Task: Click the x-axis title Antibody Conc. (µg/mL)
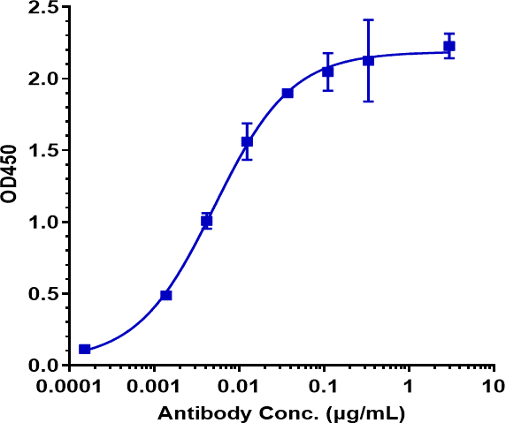(282, 412)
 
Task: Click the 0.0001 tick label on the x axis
(70, 387)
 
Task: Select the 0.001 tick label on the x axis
(155, 387)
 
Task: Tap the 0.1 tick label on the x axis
(325, 387)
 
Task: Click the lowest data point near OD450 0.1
(85, 349)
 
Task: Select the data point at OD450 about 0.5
(166, 295)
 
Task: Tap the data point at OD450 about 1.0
(207, 221)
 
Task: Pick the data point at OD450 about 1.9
(287, 93)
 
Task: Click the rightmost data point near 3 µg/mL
(449, 46)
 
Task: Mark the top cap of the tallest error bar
(368, 19)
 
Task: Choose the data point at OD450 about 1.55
(247, 141)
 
